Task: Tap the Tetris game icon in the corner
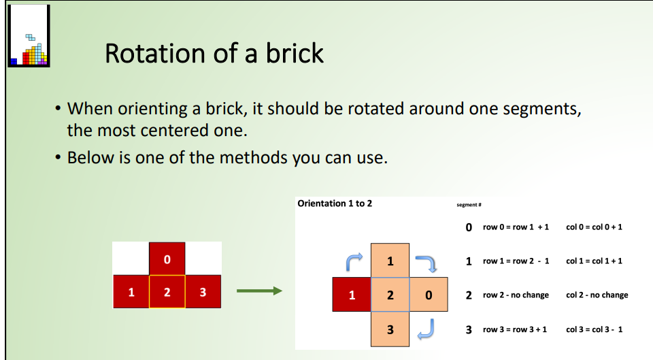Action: pyautogui.click(x=29, y=35)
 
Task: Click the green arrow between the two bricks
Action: pyautogui.click(x=258, y=291)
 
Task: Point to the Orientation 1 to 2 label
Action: pyautogui.click(x=335, y=203)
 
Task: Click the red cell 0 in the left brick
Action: pyautogui.click(x=167, y=259)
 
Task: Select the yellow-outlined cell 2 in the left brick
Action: pyautogui.click(x=167, y=292)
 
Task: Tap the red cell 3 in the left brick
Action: pyautogui.click(x=203, y=292)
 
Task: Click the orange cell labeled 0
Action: pyautogui.click(x=428, y=295)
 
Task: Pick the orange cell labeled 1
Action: pyautogui.click(x=390, y=261)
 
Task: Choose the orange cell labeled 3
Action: pyautogui.click(x=390, y=329)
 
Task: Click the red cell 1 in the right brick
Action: pyautogui.click(x=352, y=295)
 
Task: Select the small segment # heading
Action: pyautogui.click(x=469, y=204)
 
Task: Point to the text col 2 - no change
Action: pyautogui.click(x=597, y=295)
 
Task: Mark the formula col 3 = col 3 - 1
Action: pyautogui.click(x=594, y=329)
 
